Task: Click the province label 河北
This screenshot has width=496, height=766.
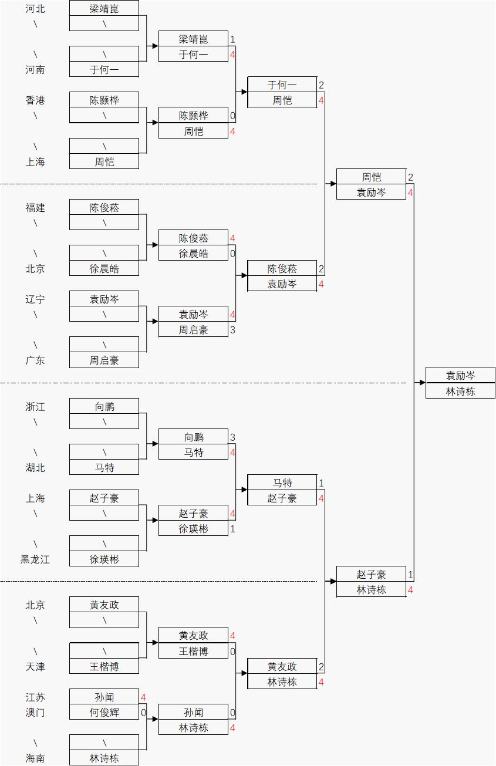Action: click(x=35, y=9)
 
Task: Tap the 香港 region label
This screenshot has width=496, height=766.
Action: click(x=35, y=100)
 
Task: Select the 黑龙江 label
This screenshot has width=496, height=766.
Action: click(x=35, y=559)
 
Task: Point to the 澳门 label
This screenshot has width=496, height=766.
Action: click(x=35, y=713)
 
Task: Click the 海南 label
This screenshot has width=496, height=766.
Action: click(x=35, y=758)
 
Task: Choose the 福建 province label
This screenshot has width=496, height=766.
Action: click(x=35, y=208)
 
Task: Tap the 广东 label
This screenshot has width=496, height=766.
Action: click(x=35, y=360)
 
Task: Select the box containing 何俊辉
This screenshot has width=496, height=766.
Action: click(x=104, y=713)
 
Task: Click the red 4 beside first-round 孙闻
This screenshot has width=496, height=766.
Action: click(x=143, y=697)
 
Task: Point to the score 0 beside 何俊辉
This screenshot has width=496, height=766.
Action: click(x=143, y=713)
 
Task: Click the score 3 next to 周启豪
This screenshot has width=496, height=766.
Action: click(x=232, y=330)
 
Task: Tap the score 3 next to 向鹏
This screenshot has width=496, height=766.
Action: click(x=232, y=437)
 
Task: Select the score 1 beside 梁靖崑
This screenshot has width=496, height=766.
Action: click(x=232, y=39)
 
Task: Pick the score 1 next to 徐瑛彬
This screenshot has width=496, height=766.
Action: click(x=232, y=529)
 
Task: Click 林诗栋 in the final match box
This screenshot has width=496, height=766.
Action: click(x=460, y=392)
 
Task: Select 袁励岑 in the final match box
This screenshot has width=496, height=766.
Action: click(x=460, y=376)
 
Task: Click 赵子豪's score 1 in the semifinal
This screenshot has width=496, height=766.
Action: click(x=410, y=575)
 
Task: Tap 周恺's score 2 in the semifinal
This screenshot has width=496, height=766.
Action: click(x=410, y=177)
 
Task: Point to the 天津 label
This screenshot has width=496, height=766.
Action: click(x=35, y=667)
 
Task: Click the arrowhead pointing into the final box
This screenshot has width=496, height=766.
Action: click(x=422, y=383)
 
